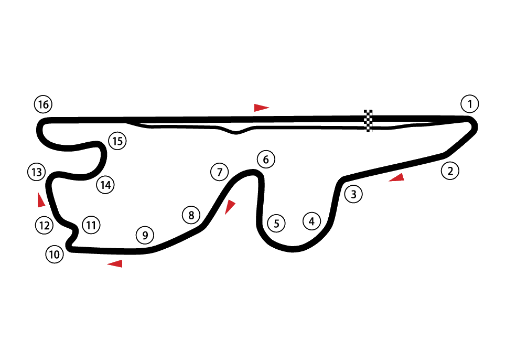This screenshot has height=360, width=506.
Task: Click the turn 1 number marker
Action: tap(470, 104)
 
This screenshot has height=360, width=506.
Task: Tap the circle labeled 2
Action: tap(450, 171)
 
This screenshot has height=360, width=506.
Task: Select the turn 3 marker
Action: tap(354, 195)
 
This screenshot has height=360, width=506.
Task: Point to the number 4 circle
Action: tap(311, 221)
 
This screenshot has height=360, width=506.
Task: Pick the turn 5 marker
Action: tap(276, 224)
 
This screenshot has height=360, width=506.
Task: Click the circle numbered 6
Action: tap(266, 160)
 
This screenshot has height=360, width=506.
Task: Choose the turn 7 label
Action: tap(220, 172)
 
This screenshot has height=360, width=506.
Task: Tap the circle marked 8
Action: tap(191, 215)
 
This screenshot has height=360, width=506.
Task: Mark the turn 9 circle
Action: tap(145, 235)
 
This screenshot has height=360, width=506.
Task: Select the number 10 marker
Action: tap(55, 255)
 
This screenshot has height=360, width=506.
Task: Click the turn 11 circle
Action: tap(91, 226)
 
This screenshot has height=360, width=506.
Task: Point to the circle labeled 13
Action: tap(36, 172)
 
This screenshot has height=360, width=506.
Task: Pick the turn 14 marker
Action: tap(105, 185)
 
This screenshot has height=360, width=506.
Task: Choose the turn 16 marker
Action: tap(43, 105)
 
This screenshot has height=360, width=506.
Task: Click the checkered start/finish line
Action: tap(368, 121)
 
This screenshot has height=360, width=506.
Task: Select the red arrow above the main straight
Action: tap(261, 108)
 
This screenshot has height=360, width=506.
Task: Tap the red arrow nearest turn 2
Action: tap(397, 178)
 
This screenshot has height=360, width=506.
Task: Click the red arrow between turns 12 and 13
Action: tap(40, 200)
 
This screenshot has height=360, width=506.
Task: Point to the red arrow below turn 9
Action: tap(116, 263)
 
